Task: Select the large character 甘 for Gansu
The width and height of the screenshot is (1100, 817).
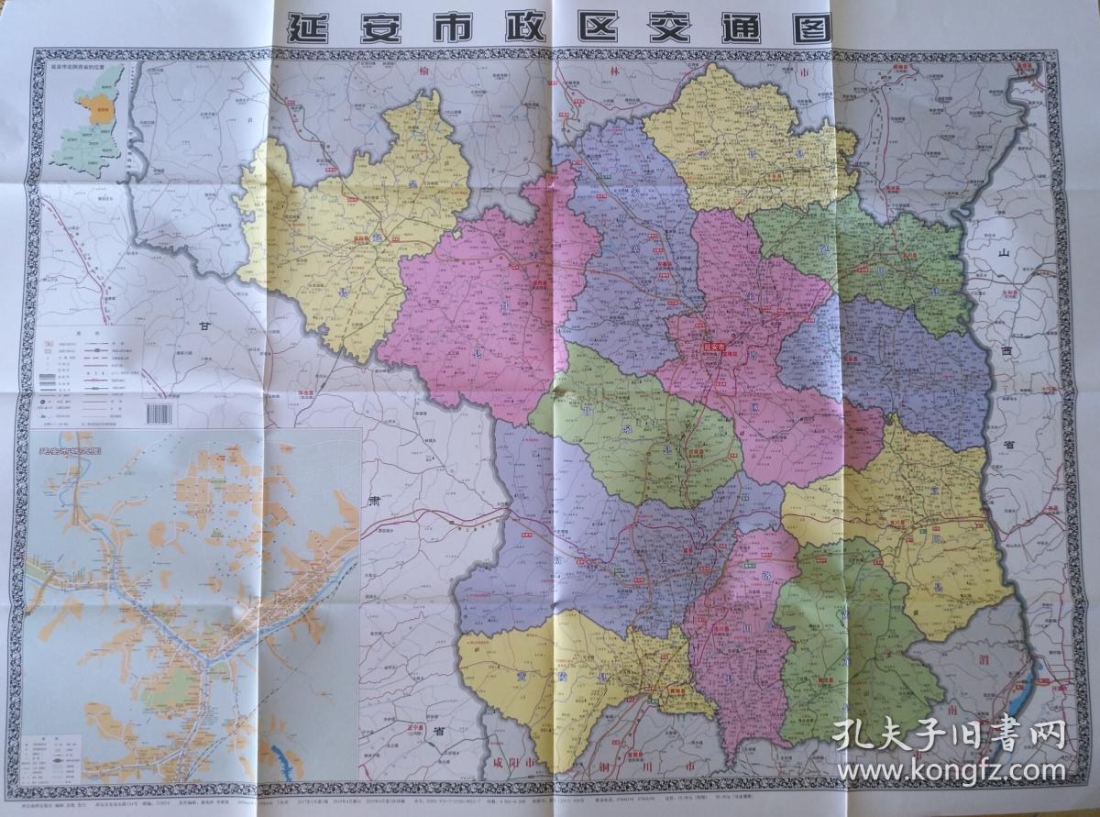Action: pos(203,324)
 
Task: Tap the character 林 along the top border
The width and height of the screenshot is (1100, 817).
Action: pos(613,72)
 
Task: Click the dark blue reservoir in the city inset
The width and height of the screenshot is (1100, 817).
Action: pos(281,759)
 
